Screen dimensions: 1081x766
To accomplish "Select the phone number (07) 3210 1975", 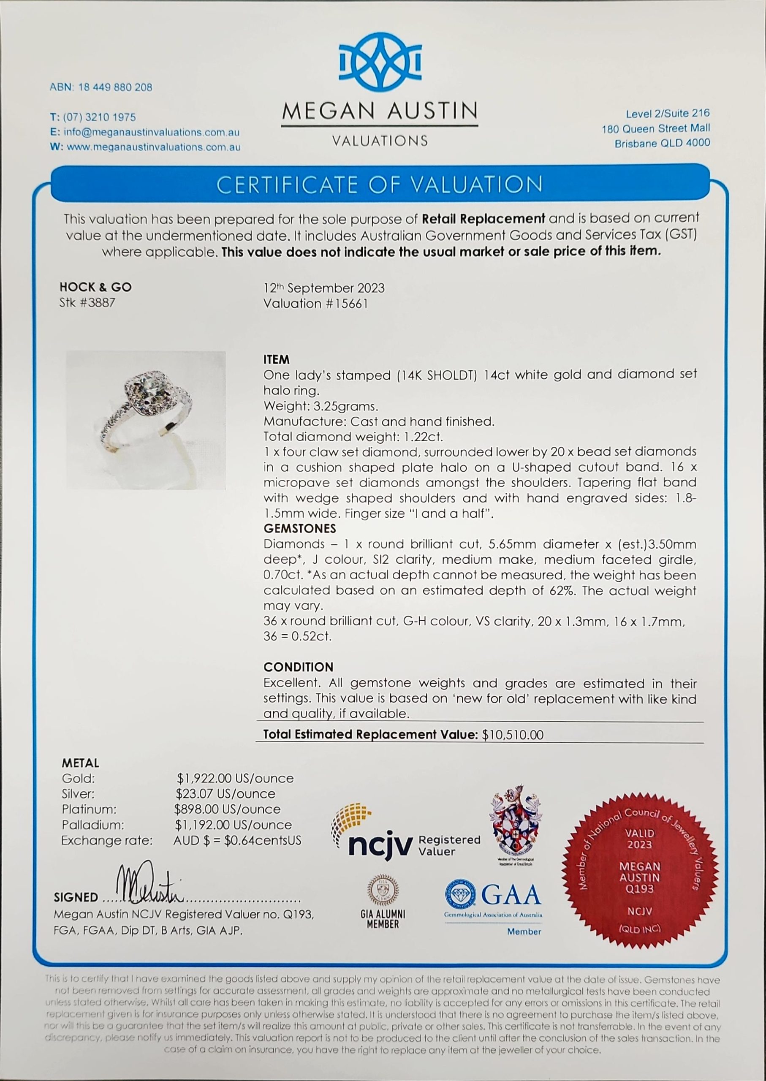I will (x=99, y=117).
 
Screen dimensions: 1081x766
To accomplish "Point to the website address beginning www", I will (x=153, y=147).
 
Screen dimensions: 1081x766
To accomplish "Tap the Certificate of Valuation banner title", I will (x=380, y=185).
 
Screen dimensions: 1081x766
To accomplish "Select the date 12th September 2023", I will (x=324, y=288).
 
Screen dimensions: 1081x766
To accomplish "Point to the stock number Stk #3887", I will (x=87, y=303).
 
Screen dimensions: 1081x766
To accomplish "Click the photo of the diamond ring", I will (x=146, y=420).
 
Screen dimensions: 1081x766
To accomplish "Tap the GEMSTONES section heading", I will (x=299, y=528).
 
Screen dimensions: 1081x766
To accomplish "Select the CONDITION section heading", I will (x=298, y=667).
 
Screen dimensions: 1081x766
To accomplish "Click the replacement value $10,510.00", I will (x=513, y=735).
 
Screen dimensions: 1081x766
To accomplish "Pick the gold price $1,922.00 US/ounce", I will (x=235, y=778).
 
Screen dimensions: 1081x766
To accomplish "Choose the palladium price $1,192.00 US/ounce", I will (x=233, y=825).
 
